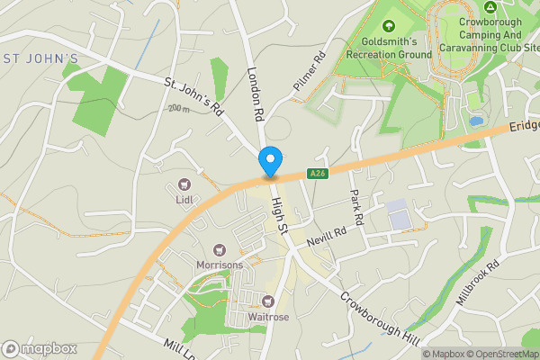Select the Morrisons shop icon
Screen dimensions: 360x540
pyautogui.click(x=218, y=250)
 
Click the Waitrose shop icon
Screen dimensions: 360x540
pyautogui.click(x=267, y=300)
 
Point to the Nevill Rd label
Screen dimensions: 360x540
pyautogui.click(x=326, y=233)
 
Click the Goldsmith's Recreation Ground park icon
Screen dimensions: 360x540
pyautogui.click(x=389, y=26)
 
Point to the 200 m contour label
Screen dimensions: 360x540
pyautogui.click(x=179, y=108)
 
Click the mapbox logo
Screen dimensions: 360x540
pyautogui.click(x=40, y=348)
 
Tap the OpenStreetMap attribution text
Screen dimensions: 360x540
pyautogui.click(x=502, y=354)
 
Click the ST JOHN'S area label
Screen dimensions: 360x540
pyautogui.click(x=40, y=58)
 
